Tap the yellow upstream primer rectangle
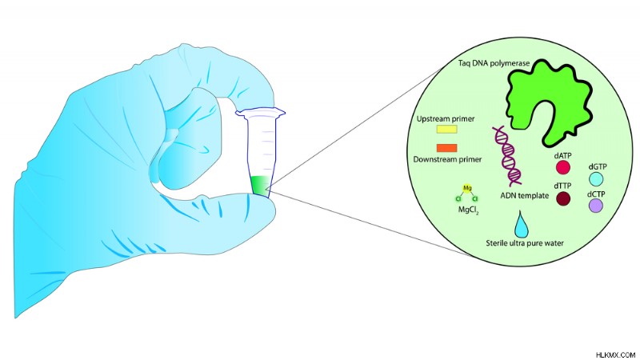447,130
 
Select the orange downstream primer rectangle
447,148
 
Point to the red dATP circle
563,167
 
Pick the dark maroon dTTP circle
563,198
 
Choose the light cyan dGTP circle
596,178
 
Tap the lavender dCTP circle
596,206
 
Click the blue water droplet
522,226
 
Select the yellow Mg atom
468,188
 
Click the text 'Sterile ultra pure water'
525,243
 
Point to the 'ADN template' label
525,195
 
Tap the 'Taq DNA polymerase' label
494,63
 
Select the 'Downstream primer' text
447,159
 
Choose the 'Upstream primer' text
446,119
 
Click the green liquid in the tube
259,186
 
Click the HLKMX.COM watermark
615,354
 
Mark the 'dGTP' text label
597,166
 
